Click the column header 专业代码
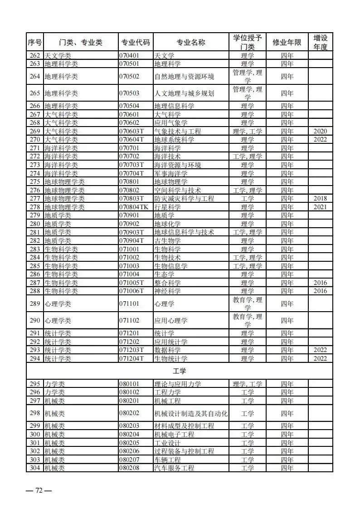tap(135, 43)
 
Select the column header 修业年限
tap(287, 43)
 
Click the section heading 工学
tap(180, 371)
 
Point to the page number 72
tap(39, 491)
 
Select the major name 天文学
tap(165, 55)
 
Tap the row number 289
tap(35, 303)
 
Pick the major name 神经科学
tap(168, 291)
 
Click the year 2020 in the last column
tap(320, 131)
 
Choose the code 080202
tap(129, 413)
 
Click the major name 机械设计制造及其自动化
tap(191, 413)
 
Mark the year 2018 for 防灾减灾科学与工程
tap(320, 198)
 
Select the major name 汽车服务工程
tap(174, 468)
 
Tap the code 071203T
tap(131, 350)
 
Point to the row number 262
tap(35, 55)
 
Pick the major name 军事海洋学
tap(171, 173)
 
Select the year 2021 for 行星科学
tap(320, 207)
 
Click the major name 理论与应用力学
tap(178, 384)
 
